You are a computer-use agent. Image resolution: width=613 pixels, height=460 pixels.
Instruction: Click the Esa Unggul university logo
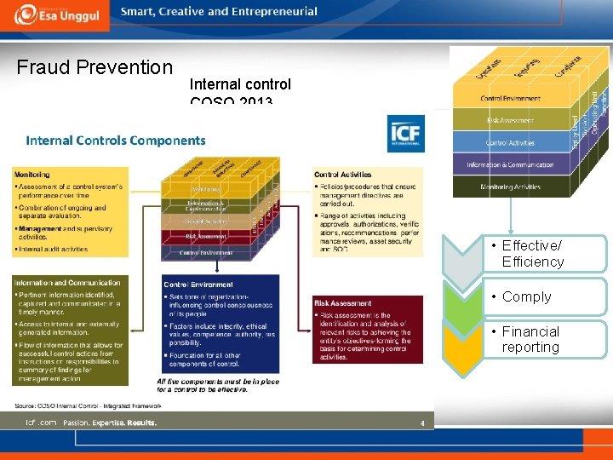54,16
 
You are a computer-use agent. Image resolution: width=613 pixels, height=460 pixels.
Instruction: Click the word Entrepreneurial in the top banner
272,12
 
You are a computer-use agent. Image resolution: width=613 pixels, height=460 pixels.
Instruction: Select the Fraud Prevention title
95,67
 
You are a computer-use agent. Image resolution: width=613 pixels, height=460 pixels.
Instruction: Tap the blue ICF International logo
405,135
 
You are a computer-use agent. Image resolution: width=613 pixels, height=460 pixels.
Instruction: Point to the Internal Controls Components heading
116,141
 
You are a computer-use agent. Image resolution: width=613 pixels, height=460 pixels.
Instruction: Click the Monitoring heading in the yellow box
32,175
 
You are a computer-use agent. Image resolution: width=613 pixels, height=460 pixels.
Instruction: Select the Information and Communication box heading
67,283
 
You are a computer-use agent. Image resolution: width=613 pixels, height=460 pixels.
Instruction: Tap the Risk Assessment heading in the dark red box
343,302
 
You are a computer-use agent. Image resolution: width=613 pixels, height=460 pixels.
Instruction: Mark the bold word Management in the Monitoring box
39,228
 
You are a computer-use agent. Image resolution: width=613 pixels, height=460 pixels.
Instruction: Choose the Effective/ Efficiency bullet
532,254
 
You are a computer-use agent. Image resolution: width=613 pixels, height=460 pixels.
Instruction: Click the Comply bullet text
526,297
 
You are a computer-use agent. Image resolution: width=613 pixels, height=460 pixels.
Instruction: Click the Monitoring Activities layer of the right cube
510,186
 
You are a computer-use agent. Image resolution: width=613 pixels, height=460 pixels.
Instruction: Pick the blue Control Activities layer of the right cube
510,142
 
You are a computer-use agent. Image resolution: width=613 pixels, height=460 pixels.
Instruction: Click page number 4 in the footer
421,423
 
